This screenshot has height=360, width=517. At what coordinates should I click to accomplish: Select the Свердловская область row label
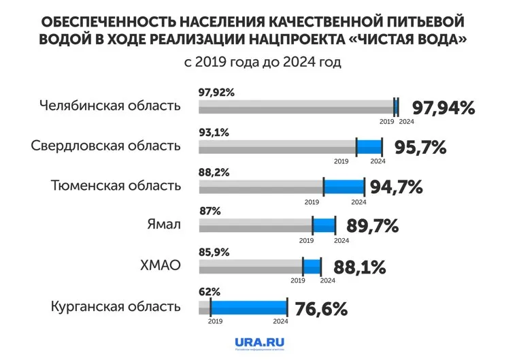coord(106,146)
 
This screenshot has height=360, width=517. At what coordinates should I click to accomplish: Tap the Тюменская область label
coord(116,186)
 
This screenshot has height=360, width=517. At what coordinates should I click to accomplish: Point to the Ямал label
coord(164,225)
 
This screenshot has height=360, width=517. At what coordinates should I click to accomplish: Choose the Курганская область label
coord(116,306)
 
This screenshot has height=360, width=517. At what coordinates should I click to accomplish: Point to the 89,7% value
coord(372,226)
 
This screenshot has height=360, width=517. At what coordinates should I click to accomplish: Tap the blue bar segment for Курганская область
coord(248,307)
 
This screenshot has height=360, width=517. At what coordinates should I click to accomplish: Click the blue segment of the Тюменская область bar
coord(344,186)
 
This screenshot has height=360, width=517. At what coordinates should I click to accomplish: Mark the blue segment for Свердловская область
coord(369,146)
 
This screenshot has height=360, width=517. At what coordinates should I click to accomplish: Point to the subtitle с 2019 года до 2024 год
coord(262,63)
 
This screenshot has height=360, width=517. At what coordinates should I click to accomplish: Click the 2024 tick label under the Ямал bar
coord(341,241)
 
